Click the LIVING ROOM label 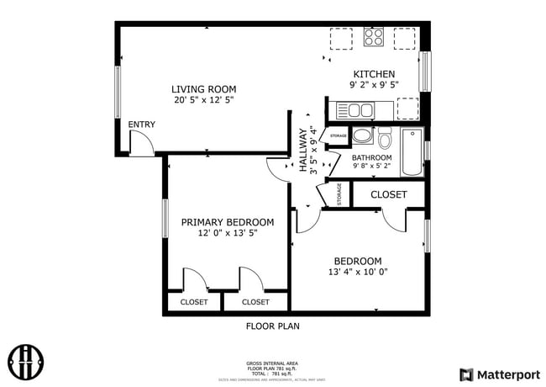(203, 89)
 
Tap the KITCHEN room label (374, 74)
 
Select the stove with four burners (374, 38)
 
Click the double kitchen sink (354, 109)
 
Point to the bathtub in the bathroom (412, 152)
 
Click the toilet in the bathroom (385, 137)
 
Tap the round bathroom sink (362, 135)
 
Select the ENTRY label (141, 125)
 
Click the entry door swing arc (142, 145)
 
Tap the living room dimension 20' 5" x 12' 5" (203, 100)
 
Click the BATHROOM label (371, 157)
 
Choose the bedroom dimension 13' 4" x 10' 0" (358, 272)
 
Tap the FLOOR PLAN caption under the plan (272, 326)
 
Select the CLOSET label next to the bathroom (388, 194)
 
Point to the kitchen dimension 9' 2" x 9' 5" (374, 85)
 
